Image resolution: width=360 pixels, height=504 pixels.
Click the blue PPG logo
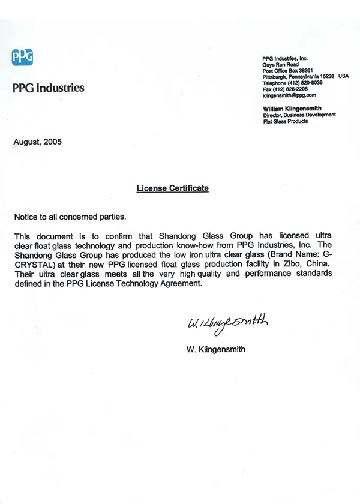pos(22,57)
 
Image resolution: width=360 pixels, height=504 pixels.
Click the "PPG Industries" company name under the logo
pos(48,88)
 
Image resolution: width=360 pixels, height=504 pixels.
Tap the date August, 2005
pos(37,142)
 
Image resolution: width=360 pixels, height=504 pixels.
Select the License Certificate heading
pos(172,188)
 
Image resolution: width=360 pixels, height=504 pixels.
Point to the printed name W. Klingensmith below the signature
pos(215,349)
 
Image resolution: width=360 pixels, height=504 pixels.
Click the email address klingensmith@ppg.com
pos(289,95)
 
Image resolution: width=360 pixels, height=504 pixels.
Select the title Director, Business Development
pos(299,115)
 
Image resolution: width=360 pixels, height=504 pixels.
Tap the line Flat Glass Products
pos(285,121)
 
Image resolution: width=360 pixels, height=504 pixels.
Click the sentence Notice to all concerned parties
pos(70,216)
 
